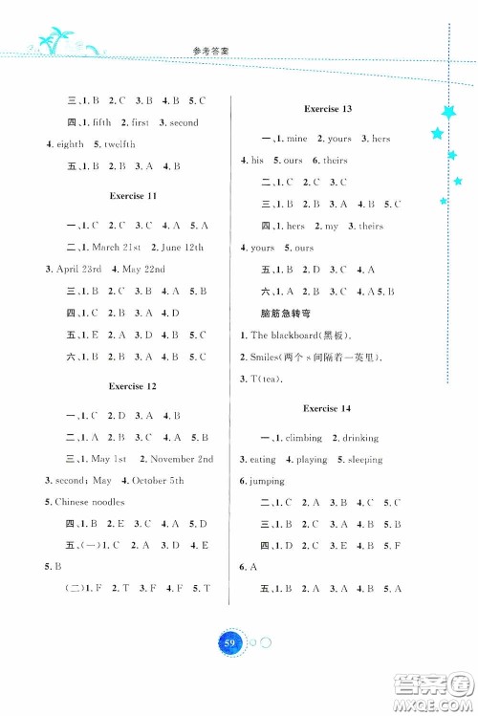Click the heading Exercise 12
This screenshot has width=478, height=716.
tap(133, 386)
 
